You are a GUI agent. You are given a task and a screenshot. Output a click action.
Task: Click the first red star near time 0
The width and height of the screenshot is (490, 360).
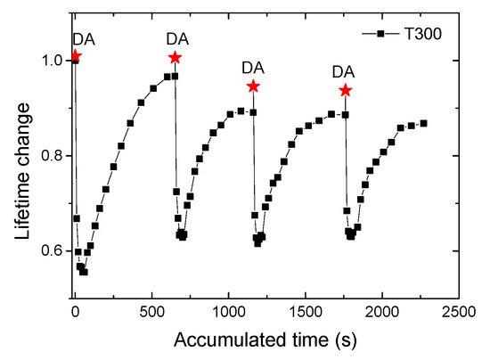75,56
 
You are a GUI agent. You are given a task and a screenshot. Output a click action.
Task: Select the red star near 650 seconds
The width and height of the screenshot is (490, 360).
175,58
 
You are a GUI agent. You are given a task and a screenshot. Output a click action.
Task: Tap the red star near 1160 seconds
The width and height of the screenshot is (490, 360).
253,86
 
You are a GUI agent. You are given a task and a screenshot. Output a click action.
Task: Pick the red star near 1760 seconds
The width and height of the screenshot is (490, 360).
345,90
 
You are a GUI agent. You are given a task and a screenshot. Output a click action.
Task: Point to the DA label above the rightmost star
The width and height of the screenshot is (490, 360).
343,71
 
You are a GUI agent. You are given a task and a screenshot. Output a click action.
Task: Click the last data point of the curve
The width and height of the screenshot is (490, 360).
423,123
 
